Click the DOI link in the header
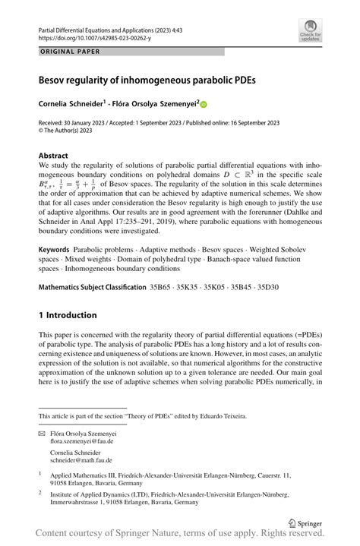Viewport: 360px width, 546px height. click(x=87, y=36)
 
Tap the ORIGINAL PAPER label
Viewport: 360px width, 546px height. click(x=66, y=52)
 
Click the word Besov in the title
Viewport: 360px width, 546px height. click(x=55, y=78)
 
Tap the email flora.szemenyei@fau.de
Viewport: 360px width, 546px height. click(x=81, y=440)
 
